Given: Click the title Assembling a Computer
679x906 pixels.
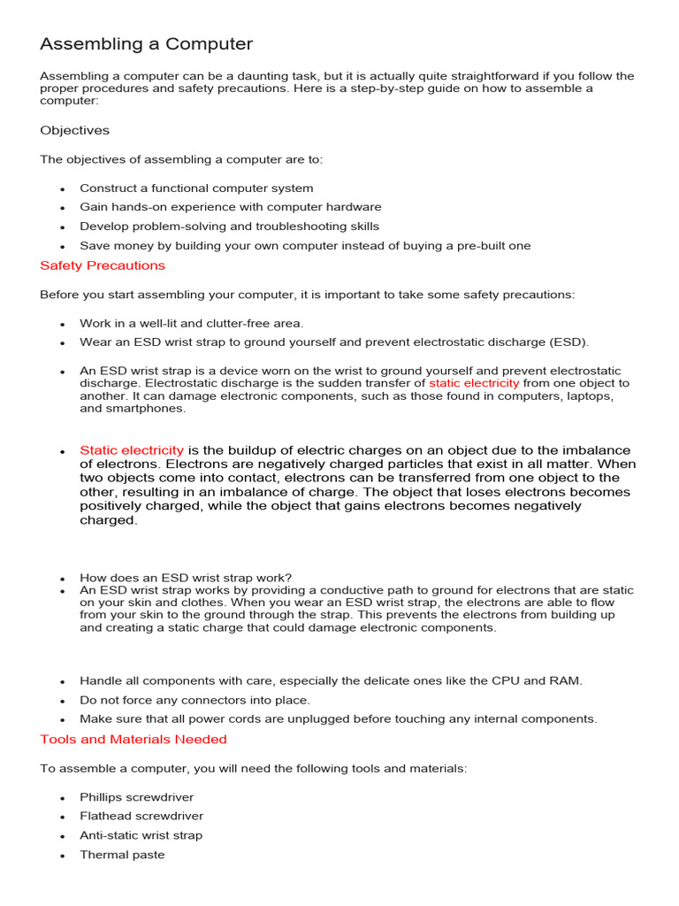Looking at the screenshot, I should pos(146,43).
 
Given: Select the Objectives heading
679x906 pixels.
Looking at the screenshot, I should pos(74,130).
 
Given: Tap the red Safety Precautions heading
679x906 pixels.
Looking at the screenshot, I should pos(103,265).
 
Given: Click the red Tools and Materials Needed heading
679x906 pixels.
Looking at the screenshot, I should pos(133,739).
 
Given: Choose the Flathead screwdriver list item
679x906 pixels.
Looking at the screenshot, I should pos(141,816).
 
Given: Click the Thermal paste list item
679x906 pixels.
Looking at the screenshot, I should pos(122,855).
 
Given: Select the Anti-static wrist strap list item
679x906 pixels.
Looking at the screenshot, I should pos(141,835).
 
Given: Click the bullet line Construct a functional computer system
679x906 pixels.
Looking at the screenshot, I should pos(196,188).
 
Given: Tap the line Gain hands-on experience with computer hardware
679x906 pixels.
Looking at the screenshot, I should pos(230,207).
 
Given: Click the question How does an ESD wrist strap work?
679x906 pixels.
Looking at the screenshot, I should pos(186,578).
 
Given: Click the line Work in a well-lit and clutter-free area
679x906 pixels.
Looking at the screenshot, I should pos(191,324).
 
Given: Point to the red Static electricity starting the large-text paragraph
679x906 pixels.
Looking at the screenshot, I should pos(132,450).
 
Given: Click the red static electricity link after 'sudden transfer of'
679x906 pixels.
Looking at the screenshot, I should pos(474,383).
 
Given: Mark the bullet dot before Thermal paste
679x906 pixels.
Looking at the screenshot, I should pos(63,856).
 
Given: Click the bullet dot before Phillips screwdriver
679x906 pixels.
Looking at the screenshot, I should pos(63,799).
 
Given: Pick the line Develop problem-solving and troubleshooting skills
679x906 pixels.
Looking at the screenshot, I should pos(229,226).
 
